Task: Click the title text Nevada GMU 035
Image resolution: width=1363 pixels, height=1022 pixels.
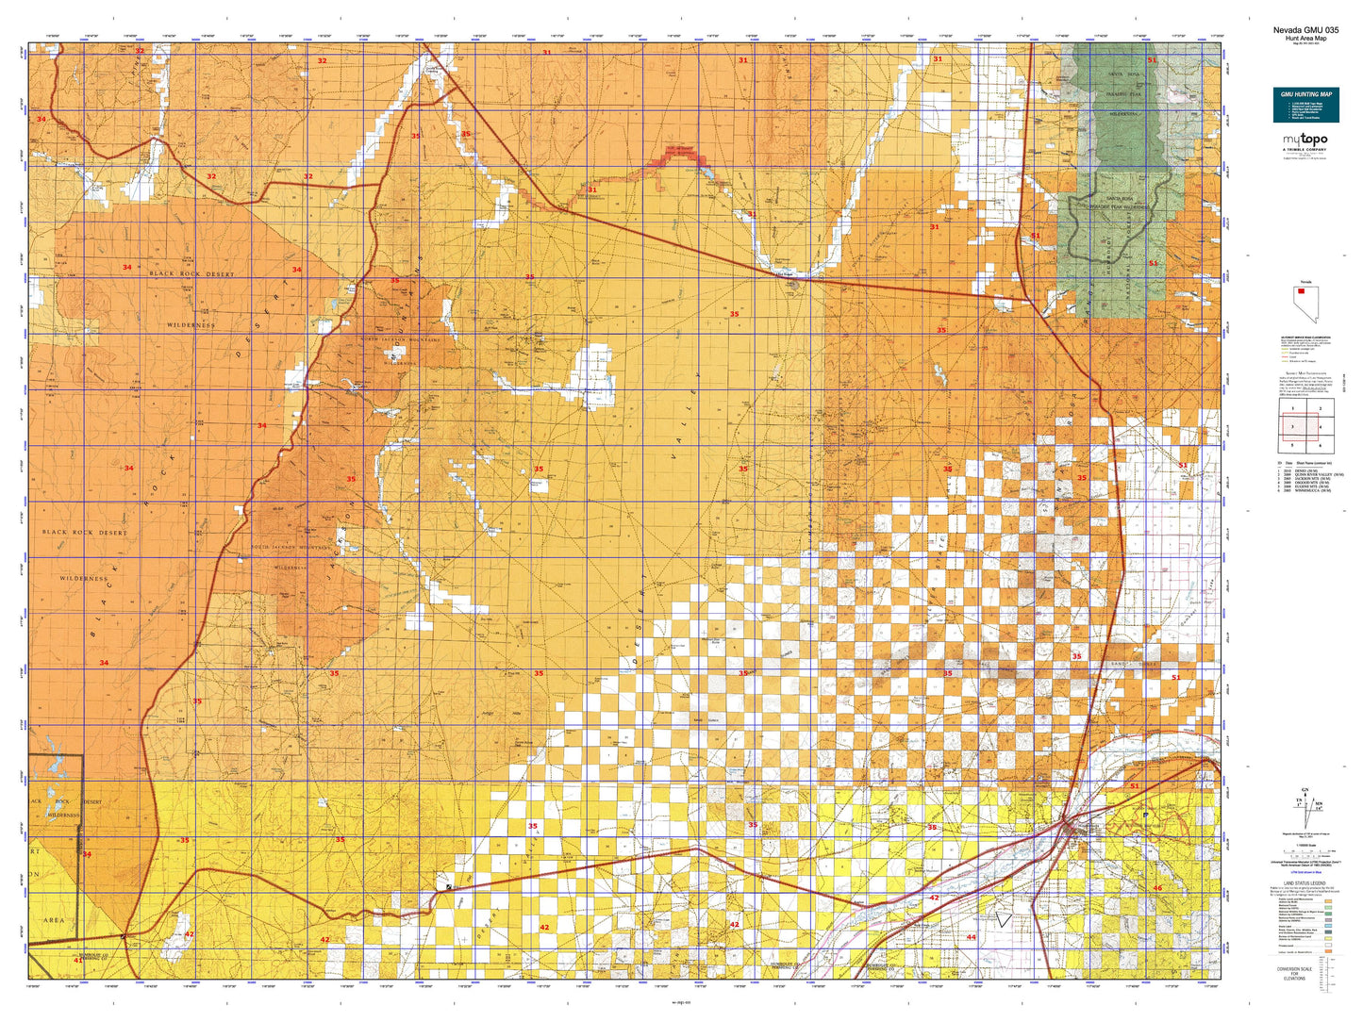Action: click(x=1305, y=29)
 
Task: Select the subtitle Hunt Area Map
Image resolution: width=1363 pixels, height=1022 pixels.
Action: click(x=1305, y=38)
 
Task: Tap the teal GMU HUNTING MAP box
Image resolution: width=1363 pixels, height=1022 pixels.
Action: click(x=1305, y=105)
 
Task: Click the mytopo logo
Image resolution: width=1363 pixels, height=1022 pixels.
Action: click(x=1305, y=140)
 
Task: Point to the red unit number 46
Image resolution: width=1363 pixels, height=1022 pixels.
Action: click(x=1157, y=888)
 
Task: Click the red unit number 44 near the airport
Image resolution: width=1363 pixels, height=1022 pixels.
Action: click(x=972, y=937)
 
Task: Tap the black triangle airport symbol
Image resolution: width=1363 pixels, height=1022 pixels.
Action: click(x=1004, y=917)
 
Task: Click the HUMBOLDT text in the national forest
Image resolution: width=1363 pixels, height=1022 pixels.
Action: click(x=1107, y=250)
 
